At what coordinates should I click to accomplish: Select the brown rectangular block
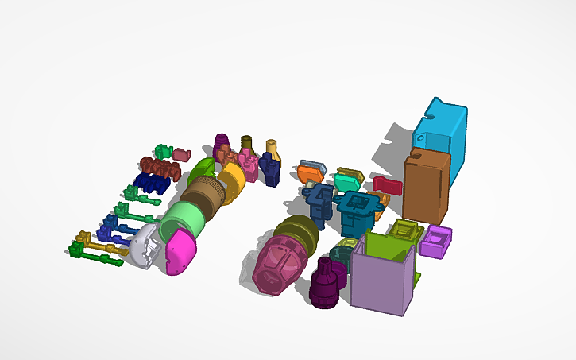pyautogui.click(x=426, y=187)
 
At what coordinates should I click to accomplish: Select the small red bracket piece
pyautogui.click(x=387, y=185)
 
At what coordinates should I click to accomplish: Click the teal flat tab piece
pyautogui.click(x=347, y=180)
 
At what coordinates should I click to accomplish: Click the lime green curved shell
pyautogui.click(x=201, y=169)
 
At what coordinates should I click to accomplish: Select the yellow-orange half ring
pyautogui.click(x=231, y=183)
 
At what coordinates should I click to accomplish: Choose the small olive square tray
pyautogui.click(x=405, y=231)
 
